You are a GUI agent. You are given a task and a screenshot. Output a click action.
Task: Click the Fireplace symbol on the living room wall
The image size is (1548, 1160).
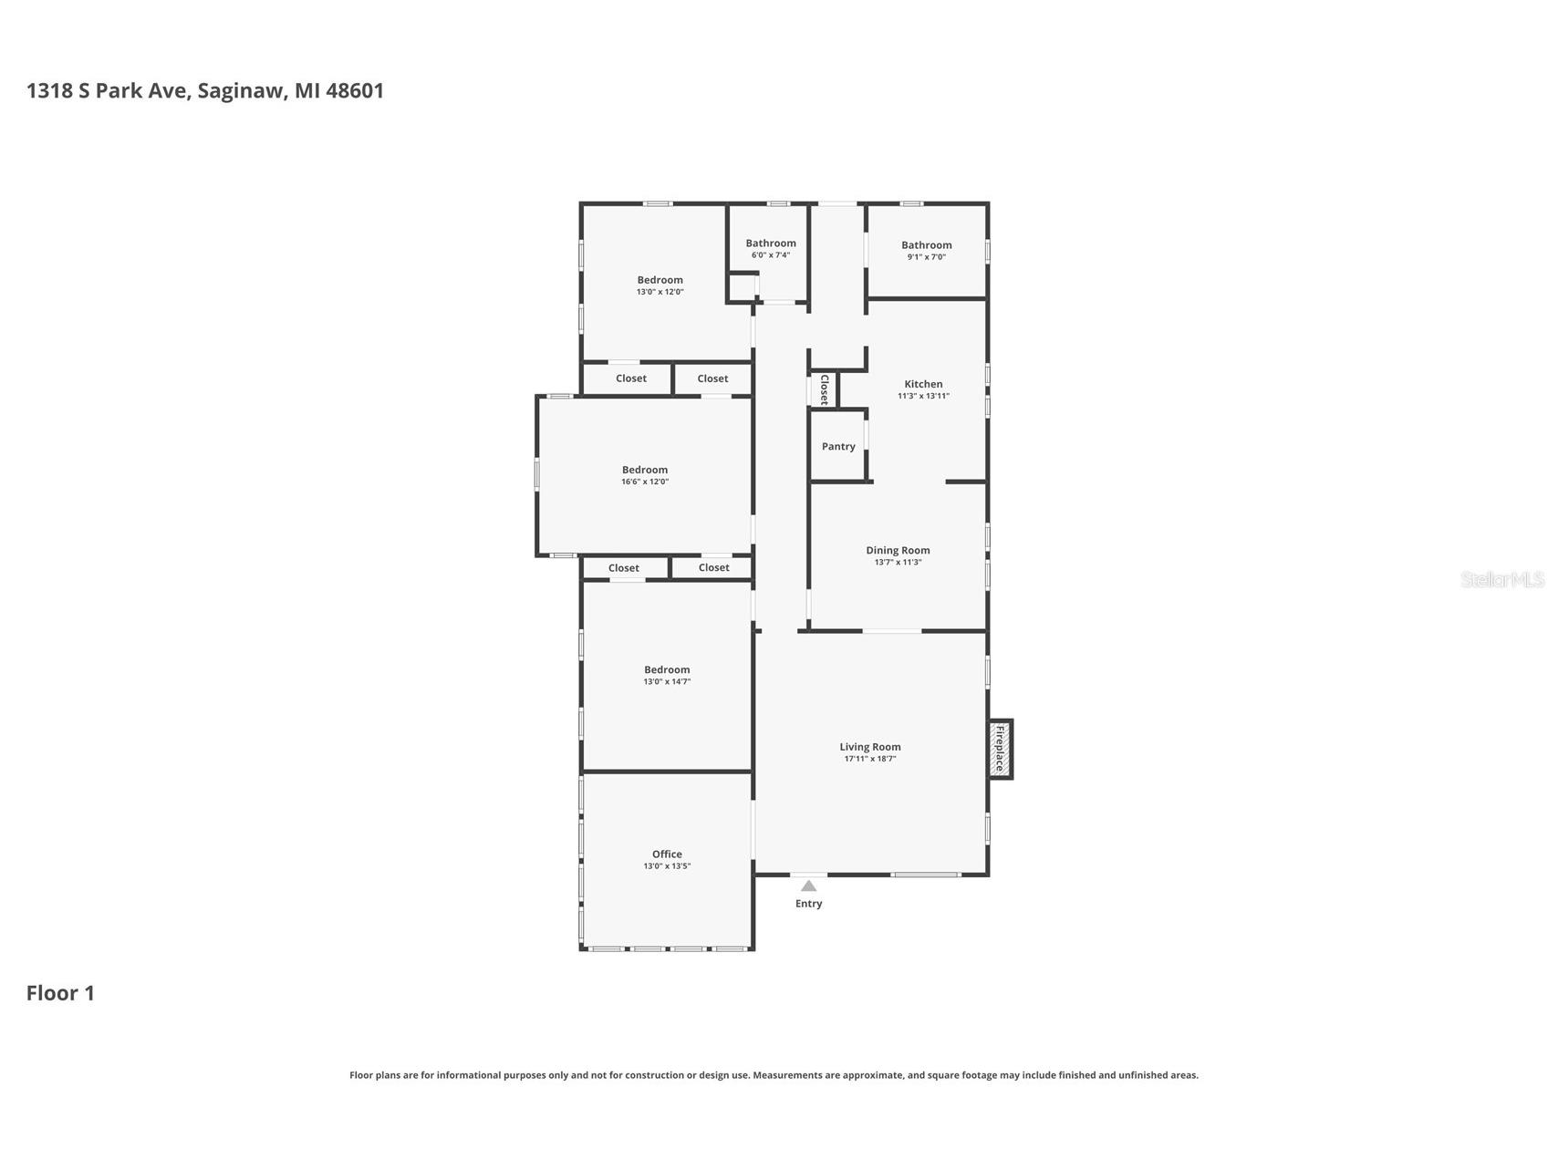point(1000,749)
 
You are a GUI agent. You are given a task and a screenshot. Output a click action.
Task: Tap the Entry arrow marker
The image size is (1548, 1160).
point(808,886)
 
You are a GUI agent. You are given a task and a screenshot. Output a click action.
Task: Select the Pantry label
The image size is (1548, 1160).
point(838,446)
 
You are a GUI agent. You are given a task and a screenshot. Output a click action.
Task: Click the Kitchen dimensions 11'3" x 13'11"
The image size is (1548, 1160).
point(923,396)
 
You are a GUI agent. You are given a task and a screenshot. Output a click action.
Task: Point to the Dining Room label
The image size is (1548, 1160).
point(898,550)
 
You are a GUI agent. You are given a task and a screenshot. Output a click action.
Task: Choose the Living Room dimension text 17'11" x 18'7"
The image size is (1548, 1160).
point(869,759)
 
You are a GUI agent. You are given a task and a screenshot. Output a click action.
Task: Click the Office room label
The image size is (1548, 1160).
point(667,854)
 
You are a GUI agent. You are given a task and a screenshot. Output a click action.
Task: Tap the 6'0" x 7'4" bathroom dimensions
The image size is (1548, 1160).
point(771,255)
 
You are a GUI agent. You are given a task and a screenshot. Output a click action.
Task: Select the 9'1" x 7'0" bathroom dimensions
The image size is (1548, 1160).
point(926,257)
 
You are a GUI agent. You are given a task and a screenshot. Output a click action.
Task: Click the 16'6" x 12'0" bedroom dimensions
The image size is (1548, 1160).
point(645,482)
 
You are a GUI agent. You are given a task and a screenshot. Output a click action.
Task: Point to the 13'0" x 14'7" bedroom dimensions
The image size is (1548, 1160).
point(667,681)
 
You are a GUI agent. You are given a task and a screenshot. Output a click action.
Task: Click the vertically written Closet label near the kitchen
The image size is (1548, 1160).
point(824,389)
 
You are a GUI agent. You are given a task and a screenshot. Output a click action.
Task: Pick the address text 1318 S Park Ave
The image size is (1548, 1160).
point(108,90)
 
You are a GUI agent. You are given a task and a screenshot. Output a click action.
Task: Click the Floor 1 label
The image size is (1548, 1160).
point(60,993)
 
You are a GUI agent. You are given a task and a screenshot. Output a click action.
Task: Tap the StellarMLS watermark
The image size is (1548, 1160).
point(1501,579)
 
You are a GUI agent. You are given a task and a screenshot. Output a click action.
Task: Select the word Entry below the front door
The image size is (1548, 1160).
point(808,904)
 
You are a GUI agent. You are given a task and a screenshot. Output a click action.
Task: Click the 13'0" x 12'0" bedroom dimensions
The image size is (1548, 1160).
point(660,292)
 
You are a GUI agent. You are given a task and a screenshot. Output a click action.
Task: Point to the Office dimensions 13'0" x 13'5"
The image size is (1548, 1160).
point(667,866)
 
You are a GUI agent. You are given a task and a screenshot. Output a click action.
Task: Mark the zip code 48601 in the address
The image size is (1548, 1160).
point(355,90)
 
